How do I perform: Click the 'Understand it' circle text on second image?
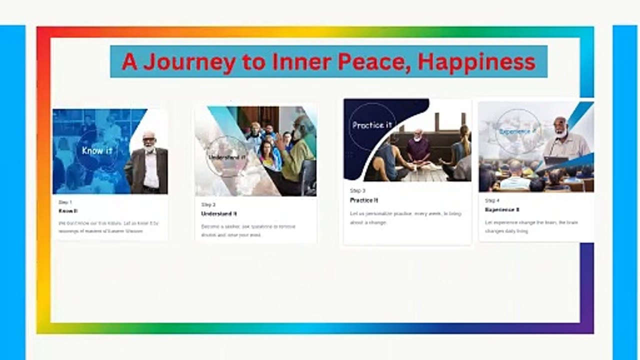click(227, 156)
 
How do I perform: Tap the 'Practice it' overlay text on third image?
click(371, 125)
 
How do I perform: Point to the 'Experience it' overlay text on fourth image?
click(518, 131)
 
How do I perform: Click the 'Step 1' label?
click(65, 202)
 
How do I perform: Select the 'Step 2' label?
click(208, 204)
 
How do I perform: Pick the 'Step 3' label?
click(357, 190)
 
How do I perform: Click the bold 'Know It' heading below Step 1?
click(68, 211)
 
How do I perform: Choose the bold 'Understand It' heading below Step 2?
click(219, 213)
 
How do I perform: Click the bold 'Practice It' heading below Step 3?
click(364, 200)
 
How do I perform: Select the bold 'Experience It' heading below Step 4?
click(502, 209)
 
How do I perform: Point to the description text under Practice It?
click(405, 218)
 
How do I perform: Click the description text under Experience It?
click(531, 226)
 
